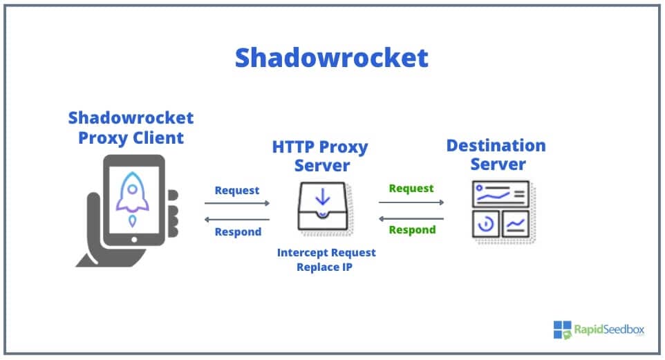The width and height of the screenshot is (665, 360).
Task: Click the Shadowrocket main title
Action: pos(331,58)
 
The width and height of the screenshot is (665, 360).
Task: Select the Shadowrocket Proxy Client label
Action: pos(131,127)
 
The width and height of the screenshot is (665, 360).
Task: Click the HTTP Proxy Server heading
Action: pos(320,156)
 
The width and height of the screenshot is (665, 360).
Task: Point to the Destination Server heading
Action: pos(496,155)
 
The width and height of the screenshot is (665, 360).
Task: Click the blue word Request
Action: pos(237,190)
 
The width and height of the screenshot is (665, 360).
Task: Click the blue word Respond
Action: pos(238,231)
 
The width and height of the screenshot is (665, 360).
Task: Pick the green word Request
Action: pos(411,188)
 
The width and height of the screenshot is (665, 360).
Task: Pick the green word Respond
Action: pos(411,229)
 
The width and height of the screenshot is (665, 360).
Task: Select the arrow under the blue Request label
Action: pos(237,203)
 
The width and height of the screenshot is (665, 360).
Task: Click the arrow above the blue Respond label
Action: pos(237,219)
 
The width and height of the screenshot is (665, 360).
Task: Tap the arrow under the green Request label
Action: pos(411,202)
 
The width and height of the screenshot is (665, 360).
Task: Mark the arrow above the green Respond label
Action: pos(411,218)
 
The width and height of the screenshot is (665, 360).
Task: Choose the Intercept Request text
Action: pos(326,252)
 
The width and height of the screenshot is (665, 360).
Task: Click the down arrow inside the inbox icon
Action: pos(323,197)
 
